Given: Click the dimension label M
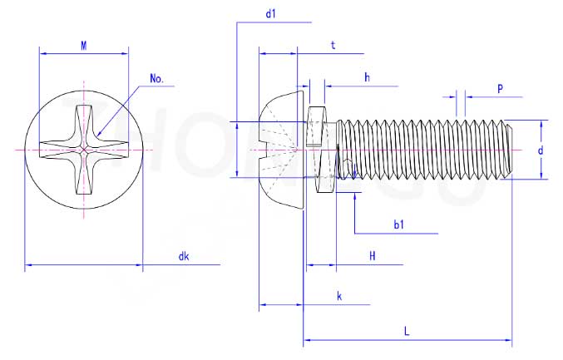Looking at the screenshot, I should (84, 46).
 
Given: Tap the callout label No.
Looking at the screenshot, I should (156, 79).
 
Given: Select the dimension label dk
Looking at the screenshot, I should (184, 256).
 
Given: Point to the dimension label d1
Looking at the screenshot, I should (270, 14).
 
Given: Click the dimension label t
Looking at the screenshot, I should (333, 46).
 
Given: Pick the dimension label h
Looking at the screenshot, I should (366, 77).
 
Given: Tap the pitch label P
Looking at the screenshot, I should (500, 87).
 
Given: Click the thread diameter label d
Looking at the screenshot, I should (541, 150).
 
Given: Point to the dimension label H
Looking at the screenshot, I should (372, 257).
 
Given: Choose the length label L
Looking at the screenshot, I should (407, 331).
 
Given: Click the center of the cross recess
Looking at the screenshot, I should (84, 150).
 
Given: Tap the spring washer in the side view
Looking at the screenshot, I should (315, 150).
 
